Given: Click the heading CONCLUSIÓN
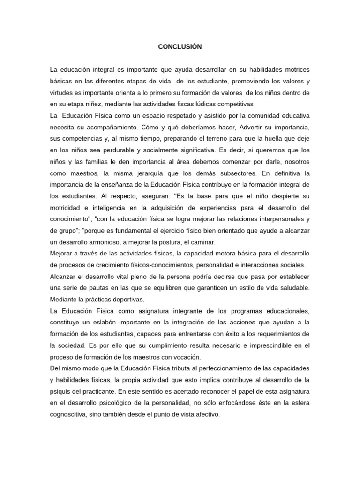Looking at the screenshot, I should (180, 47).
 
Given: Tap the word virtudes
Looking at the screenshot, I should (62, 93).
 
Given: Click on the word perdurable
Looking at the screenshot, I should (118, 150).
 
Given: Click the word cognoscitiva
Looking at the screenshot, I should (69, 415).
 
